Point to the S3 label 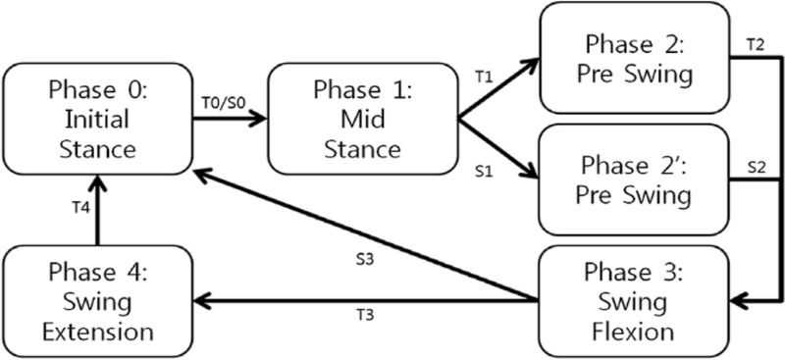tap(364, 261)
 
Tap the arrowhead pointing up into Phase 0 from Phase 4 tap(96, 182)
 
